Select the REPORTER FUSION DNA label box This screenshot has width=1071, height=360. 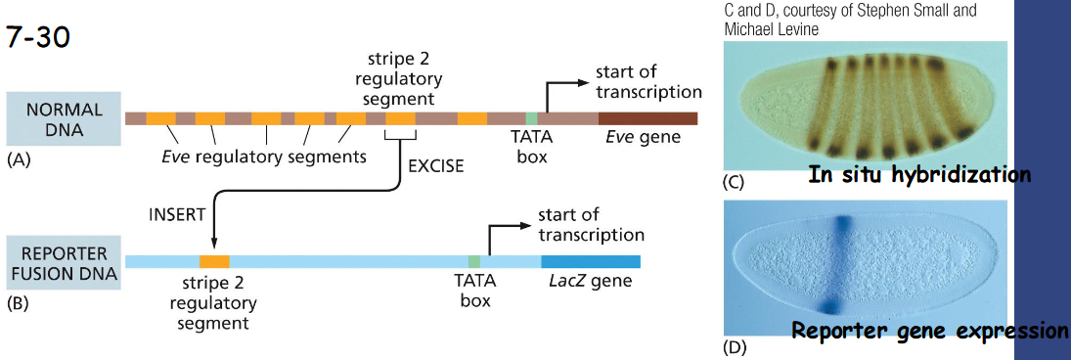(65, 260)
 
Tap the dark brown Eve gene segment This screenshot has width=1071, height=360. (648, 118)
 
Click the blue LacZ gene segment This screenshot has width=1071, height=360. (590, 261)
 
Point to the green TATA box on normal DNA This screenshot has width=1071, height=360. (531, 118)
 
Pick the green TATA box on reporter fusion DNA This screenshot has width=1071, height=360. (474, 261)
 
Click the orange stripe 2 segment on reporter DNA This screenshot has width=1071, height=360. (213, 261)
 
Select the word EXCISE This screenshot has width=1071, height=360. (435, 166)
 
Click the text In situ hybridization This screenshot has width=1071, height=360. (919, 175)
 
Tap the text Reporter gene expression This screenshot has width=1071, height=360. (929, 330)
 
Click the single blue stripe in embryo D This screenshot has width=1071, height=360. (838, 259)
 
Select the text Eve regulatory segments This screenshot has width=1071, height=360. (264, 157)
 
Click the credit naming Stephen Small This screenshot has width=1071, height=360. (851, 10)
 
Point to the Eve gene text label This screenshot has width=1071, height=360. (643, 138)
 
